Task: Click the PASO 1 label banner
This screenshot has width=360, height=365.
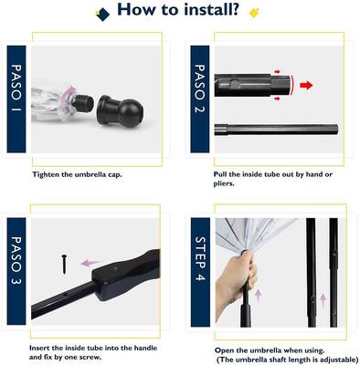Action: [x=17, y=99]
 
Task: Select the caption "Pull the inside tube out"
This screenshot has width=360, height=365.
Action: [x=274, y=173]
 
